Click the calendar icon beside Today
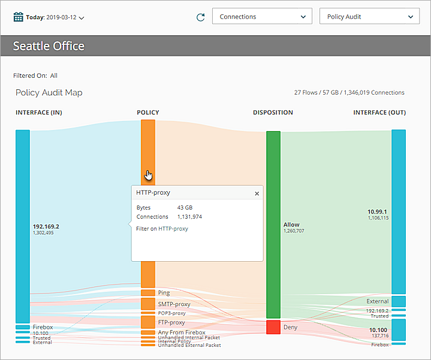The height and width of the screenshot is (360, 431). point(19,17)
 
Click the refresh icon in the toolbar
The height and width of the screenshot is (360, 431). point(201,17)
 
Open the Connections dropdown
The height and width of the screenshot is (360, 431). point(262,17)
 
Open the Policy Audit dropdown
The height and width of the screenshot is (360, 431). point(369,17)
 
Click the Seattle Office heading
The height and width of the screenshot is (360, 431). point(49,46)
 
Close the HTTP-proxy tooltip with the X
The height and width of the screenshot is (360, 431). point(257,193)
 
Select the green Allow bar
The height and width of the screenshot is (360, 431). point(273,225)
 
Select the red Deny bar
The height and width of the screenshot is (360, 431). point(273,327)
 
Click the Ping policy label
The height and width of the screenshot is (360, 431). point(164,293)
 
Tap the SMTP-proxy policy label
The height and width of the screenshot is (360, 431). point(174,304)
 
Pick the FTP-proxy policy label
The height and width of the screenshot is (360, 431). point(171,322)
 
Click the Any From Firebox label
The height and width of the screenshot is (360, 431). point(181,332)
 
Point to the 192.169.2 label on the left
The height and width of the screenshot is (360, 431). point(46,226)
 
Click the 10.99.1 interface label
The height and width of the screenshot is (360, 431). point(378,211)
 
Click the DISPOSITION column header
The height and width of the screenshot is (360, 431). point(273,113)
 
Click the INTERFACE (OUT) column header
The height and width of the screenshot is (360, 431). point(379,113)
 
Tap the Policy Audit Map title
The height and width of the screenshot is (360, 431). point(49,93)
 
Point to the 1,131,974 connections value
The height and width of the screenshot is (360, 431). point(189,217)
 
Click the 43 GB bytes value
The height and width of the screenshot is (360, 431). point(184,207)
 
